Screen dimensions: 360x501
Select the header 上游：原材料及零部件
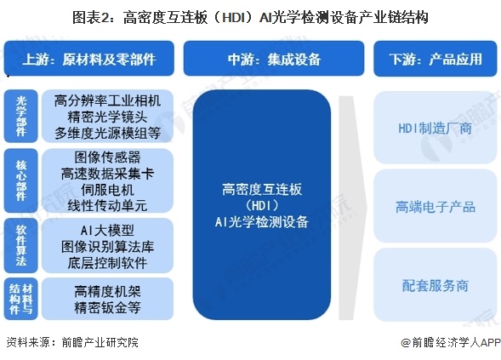click(x=91, y=59)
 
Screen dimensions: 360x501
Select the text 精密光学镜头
click(x=107, y=116)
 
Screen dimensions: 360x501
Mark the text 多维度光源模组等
click(x=107, y=133)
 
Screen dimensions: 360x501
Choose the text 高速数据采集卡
click(x=107, y=173)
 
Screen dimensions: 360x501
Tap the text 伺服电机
click(x=107, y=189)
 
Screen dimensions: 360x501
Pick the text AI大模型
click(x=107, y=227)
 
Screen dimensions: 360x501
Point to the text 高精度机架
click(x=107, y=290)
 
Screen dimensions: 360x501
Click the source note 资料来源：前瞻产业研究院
click(x=71, y=343)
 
